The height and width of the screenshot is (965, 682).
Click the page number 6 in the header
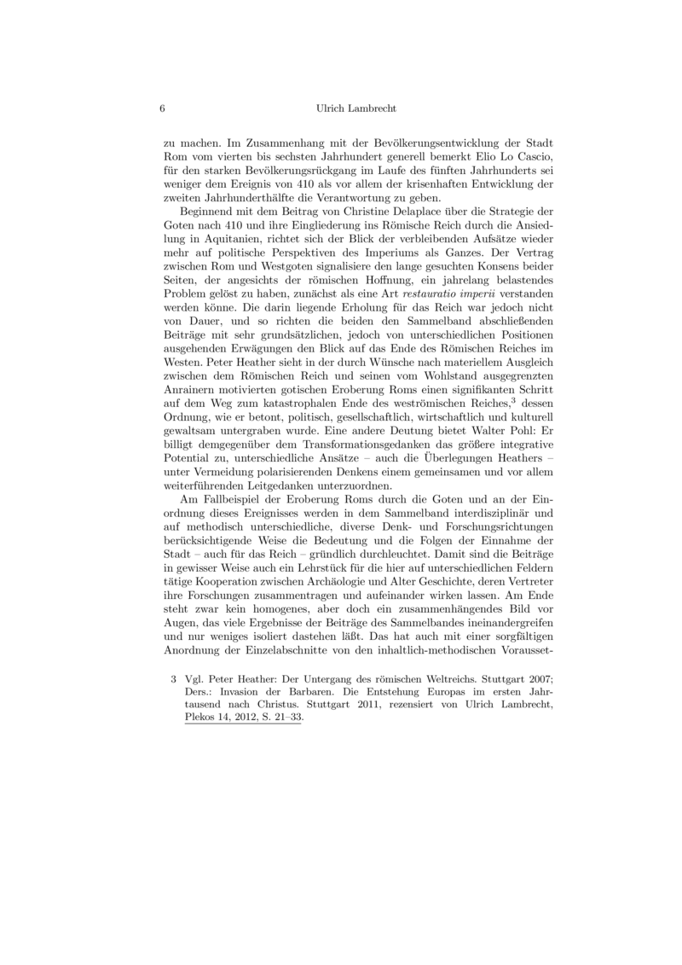(x=162, y=109)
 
